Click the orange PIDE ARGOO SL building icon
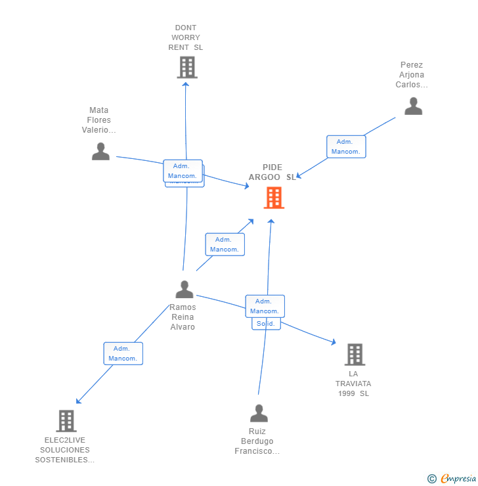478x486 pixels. [274, 198]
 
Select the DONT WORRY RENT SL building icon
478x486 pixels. [187, 67]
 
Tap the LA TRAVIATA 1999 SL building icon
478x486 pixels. [355, 355]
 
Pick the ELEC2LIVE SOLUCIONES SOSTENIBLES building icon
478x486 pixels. [66, 420]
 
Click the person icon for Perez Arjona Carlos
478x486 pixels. [413, 106]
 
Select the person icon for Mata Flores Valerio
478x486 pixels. [100, 151]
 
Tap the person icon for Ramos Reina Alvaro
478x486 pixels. [185, 289]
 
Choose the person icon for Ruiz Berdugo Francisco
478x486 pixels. [259, 413]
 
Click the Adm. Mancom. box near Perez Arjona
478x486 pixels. [346, 146]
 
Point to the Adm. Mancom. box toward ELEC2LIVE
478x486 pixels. [123, 353]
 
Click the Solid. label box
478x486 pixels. [266, 324]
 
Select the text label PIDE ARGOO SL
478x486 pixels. [272, 172]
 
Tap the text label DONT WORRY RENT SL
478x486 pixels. [186, 37]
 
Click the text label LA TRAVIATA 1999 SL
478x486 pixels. [354, 384]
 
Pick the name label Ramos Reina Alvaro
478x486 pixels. [183, 317]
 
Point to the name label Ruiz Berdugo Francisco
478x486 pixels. [257, 441]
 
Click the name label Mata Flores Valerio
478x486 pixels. [99, 120]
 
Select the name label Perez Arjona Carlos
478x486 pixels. [412, 75]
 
